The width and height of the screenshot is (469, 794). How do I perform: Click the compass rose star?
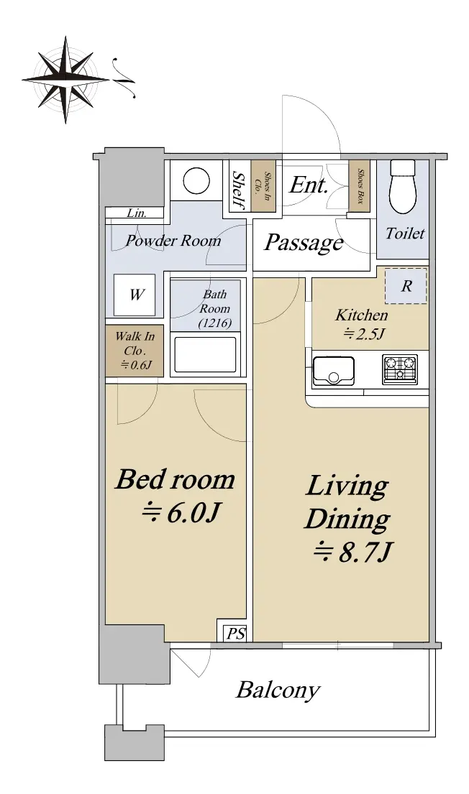(65, 80)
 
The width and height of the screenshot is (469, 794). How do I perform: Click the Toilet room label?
(405, 234)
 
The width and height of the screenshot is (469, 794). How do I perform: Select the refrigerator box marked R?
(406, 286)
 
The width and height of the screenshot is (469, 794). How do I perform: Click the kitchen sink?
(333, 371)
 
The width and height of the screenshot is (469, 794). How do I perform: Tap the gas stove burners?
(399, 369)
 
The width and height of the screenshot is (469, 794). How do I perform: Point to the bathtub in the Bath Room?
(205, 354)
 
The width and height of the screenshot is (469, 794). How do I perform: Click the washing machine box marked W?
(135, 295)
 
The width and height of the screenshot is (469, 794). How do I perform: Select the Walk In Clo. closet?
(135, 351)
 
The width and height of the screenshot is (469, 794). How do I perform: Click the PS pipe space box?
(234, 632)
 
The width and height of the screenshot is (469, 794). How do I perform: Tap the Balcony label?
(278, 691)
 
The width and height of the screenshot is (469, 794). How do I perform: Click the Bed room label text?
(175, 479)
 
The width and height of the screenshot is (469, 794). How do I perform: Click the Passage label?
(304, 243)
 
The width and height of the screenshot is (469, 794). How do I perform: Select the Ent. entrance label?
(309, 185)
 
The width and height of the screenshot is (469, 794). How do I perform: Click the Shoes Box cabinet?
(360, 186)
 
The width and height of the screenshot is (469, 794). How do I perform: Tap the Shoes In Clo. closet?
(263, 186)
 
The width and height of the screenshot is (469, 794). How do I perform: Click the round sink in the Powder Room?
(196, 181)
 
